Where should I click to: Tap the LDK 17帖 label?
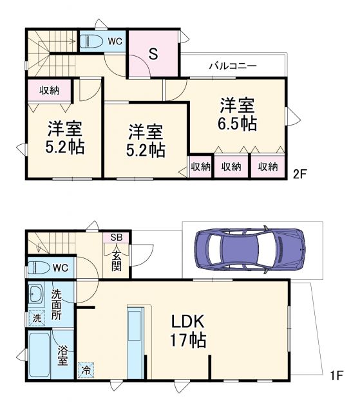coord(189,330)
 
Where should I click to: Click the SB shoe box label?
coord(116,238)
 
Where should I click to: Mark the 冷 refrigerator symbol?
coord(85,370)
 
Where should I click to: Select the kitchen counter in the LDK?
coord(136,341)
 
